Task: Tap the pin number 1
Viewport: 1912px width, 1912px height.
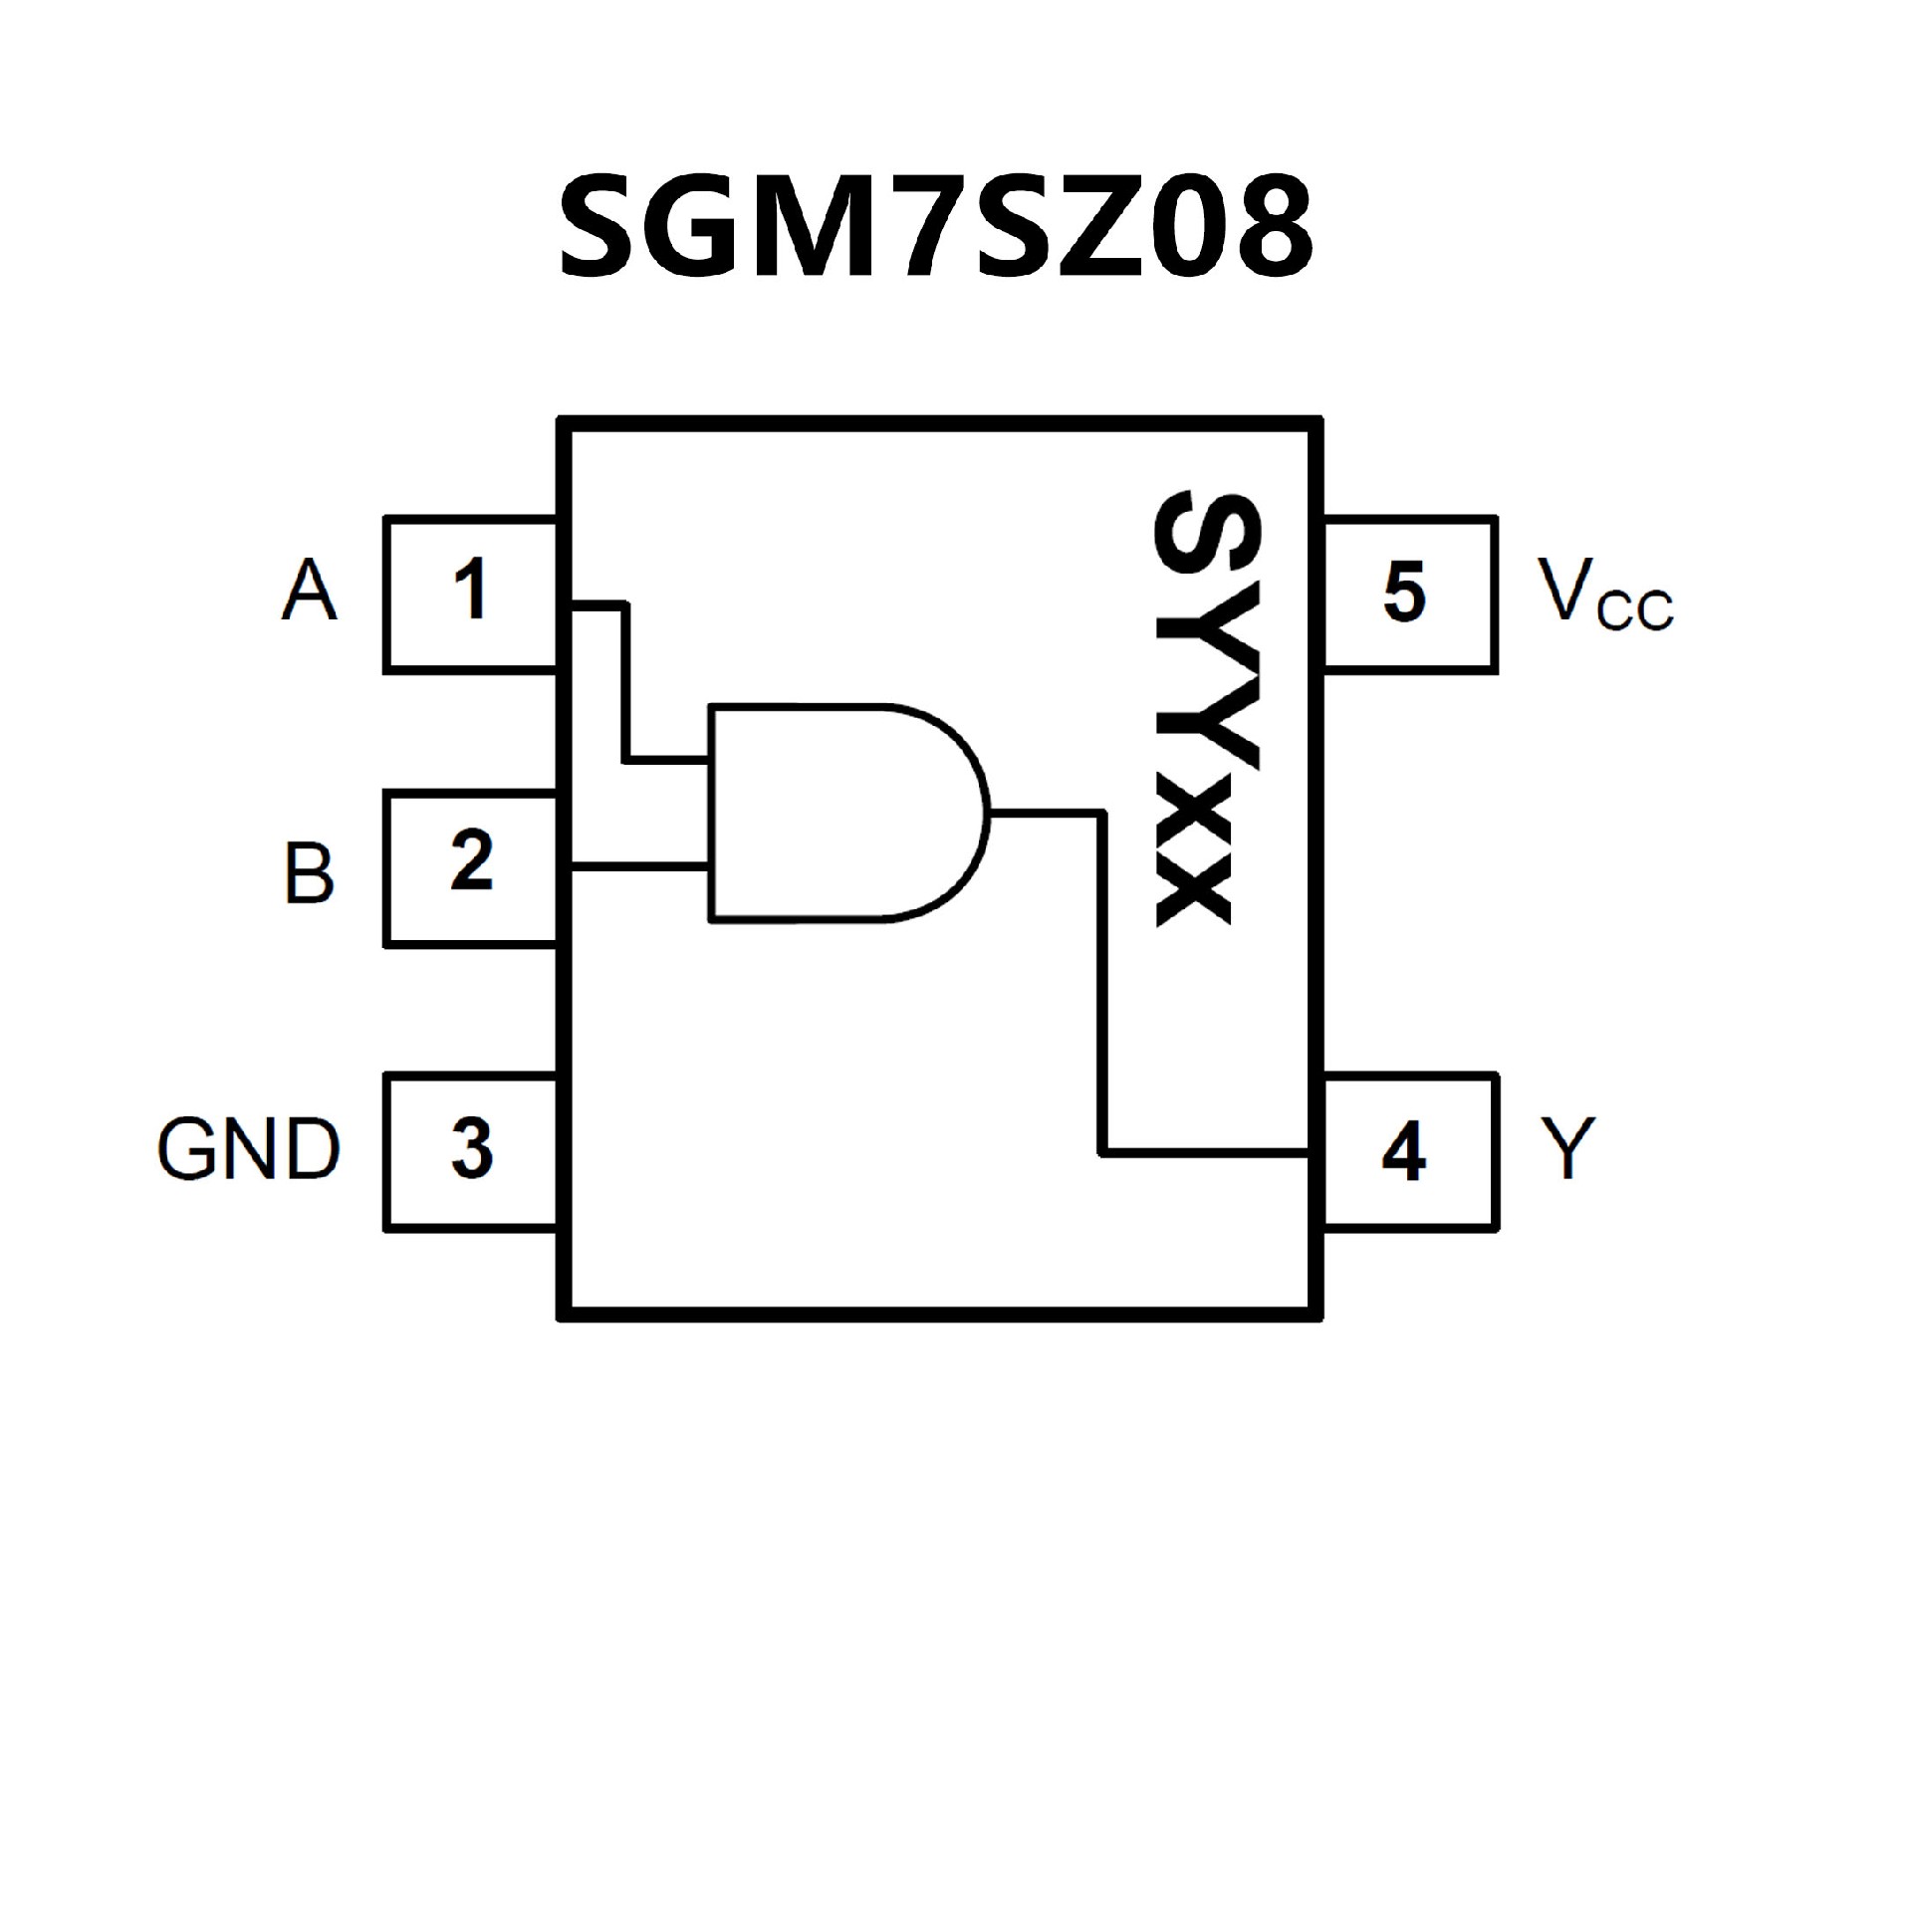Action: pyautogui.click(x=470, y=590)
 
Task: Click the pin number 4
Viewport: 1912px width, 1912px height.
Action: pyautogui.click(x=1404, y=1152)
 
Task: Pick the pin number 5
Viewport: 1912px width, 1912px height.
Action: pyautogui.click(x=1404, y=592)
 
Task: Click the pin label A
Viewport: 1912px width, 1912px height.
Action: pyautogui.click(x=310, y=591)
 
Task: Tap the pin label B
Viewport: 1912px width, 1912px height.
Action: pyautogui.click(x=310, y=873)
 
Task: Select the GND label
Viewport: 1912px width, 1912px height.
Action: pyautogui.click(x=249, y=1149)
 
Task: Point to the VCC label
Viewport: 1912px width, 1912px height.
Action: pyautogui.click(x=1603, y=595)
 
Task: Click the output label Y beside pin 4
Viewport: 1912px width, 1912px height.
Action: pyautogui.click(x=1568, y=1148)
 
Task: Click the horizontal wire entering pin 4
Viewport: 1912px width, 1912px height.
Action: pyautogui.click(x=1205, y=1154)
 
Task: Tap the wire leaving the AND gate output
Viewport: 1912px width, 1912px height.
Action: pyautogui.click(x=1046, y=814)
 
